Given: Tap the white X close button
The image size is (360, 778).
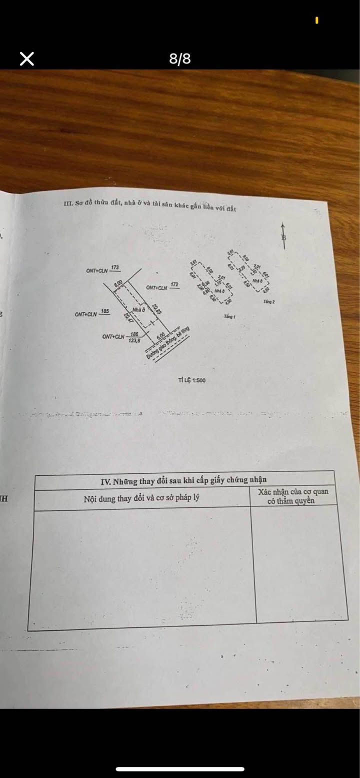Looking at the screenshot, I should tap(27, 59).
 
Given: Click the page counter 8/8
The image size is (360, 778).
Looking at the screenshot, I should tap(180, 59).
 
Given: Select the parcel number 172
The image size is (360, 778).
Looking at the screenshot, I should tap(174, 285).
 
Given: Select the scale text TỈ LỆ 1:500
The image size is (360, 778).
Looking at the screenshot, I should tap(191, 380).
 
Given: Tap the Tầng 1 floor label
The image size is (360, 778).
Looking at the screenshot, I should tap(230, 317).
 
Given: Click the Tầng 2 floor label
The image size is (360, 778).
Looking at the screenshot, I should tap(268, 302).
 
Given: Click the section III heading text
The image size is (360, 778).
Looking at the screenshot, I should tap(150, 206).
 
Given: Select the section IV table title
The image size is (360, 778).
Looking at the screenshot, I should tap(183, 481).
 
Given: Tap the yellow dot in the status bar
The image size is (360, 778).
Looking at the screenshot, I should tap(317, 20).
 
